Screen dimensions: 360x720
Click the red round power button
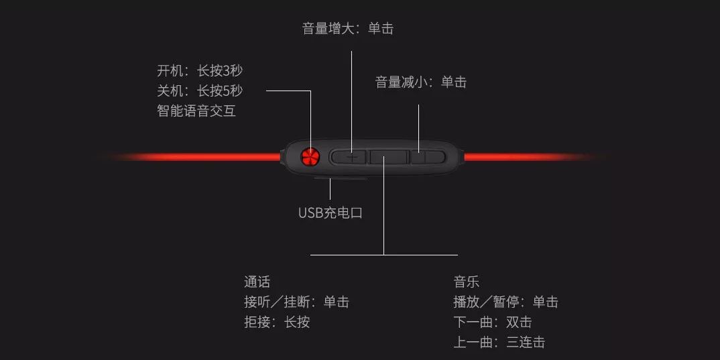(x=310, y=157)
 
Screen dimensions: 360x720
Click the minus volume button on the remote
(x=428, y=158)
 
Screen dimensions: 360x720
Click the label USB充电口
(x=330, y=213)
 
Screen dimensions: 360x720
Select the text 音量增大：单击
(x=347, y=29)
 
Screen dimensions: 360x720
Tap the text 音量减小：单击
(x=420, y=82)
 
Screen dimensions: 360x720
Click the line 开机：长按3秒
(x=199, y=71)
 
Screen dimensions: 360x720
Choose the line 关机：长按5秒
(x=199, y=91)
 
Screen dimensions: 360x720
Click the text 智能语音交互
(x=196, y=111)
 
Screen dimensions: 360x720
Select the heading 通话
(x=257, y=282)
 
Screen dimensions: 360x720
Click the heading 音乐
(x=466, y=282)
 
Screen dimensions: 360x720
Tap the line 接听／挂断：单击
(x=296, y=302)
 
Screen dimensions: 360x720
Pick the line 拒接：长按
(x=277, y=322)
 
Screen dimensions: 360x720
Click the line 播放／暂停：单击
(x=505, y=302)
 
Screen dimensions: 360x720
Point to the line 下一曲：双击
(x=492, y=322)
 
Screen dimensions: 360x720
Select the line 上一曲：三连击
(x=499, y=343)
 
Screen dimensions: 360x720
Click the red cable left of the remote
(x=201, y=157)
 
